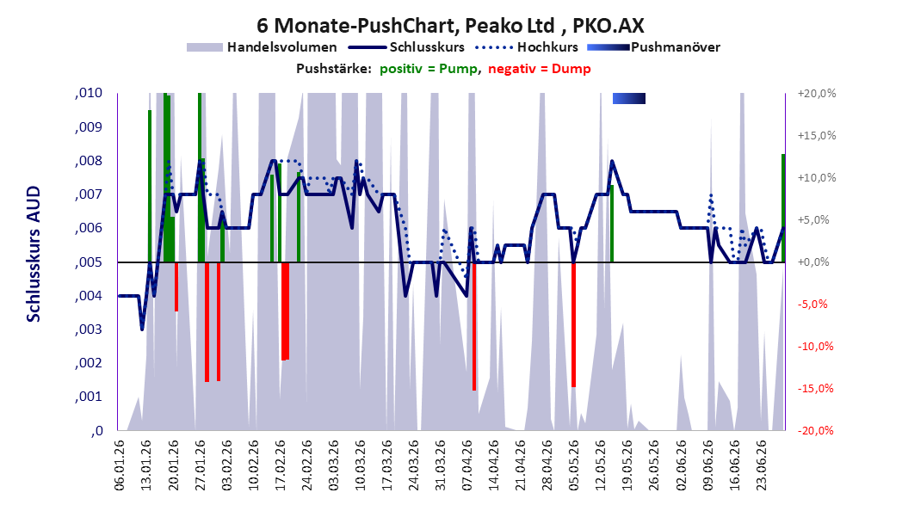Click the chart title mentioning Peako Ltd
pyautogui.click(x=450, y=25)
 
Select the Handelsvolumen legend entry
pyautogui.click(x=262, y=47)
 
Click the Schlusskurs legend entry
pyautogui.click(x=411, y=47)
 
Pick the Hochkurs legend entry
pyautogui.click(x=527, y=47)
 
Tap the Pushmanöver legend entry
pyautogui.click(x=653, y=47)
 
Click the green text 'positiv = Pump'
pyautogui.click(x=429, y=69)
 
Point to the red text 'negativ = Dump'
pyautogui.click(x=540, y=69)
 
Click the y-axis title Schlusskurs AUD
pyautogui.click(x=34, y=254)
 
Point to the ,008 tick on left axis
pyautogui.click(x=89, y=161)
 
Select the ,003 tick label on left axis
pyautogui.click(x=89, y=329)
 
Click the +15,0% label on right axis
pyautogui.click(x=817, y=136)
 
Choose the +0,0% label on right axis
pyautogui.click(x=814, y=262)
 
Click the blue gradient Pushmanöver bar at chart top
pyautogui.click(x=629, y=98)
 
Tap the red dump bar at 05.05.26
pyautogui.click(x=573, y=324)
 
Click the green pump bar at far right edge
pyautogui.click(x=783, y=208)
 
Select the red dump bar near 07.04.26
pyautogui.click(x=474, y=326)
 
